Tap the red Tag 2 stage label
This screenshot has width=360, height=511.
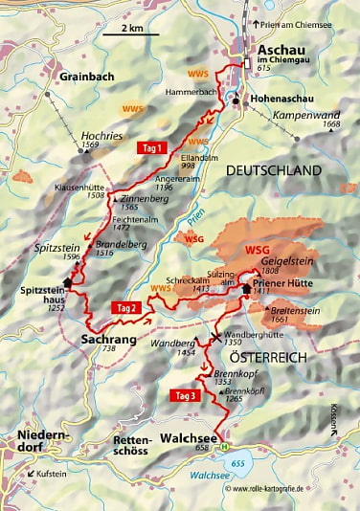pos(127,307)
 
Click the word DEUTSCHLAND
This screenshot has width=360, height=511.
pos(273,169)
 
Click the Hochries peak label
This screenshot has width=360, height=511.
pos(104,135)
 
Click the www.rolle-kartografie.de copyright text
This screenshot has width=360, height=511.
pos(287,488)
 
